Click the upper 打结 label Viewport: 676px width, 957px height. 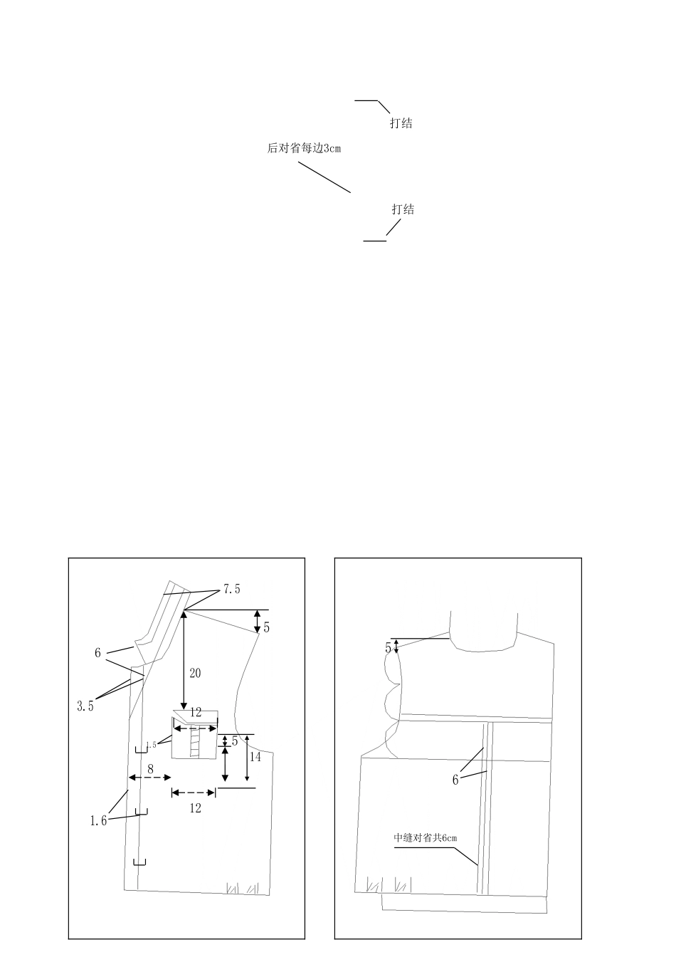pyautogui.click(x=401, y=123)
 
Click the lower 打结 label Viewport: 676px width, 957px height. pyautogui.click(x=403, y=209)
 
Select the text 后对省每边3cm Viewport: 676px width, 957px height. pyautogui.click(x=304, y=149)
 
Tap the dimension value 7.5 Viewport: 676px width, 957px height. pyautogui.click(x=231, y=589)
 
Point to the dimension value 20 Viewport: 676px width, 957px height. pyautogui.click(x=195, y=674)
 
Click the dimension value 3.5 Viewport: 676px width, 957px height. pyautogui.click(x=85, y=706)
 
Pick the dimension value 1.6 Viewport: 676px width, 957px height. pyautogui.click(x=98, y=821)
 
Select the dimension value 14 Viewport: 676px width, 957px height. pyautogui.click(x=255, y=757)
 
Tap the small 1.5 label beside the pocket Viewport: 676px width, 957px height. pyautogui.click(x=151, y=745)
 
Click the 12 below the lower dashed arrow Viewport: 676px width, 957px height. pyautogui.click(x=195, y=808)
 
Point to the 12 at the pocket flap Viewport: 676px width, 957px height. pyautogui.click(x=196, y=712)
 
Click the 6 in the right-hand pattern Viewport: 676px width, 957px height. pyautogui.click(x=455, y=780)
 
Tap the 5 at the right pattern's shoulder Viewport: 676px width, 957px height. pyautogui.click(x=388, y=649)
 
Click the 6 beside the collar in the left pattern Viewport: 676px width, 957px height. pyautogui.click(x=97, y=653)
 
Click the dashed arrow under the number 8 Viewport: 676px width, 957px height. pyautogui.click(x=150, y=778)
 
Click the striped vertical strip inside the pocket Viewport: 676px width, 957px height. pyautogui.click(x=195, y=742)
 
